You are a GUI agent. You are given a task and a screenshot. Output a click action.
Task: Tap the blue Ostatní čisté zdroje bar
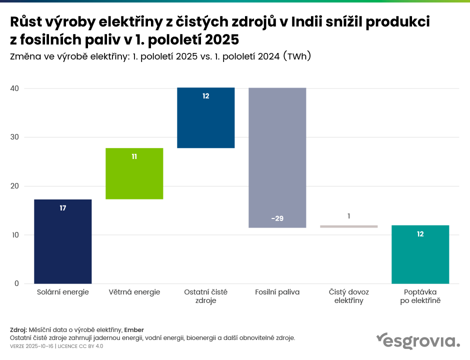coord(206,118)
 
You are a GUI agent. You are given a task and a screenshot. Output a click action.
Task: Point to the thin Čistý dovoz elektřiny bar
coord(348,226)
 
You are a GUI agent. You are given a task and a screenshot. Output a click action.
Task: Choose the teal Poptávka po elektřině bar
coord(420,254)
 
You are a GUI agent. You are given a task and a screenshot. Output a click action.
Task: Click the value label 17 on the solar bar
coord(63,208)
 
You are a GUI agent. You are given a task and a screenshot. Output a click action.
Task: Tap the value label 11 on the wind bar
coord(134,156)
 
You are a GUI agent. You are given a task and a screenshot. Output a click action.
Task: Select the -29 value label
coord(277,218)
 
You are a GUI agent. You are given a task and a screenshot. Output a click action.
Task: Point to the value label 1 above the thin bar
coord(349,216)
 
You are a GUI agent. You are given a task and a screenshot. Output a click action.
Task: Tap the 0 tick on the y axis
coord(16,283)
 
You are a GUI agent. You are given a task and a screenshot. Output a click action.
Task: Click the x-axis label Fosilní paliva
coord(277,292)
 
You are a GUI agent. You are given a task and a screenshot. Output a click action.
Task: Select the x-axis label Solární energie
coord(63,292)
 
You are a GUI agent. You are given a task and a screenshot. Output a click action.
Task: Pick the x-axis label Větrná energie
coord(134,292)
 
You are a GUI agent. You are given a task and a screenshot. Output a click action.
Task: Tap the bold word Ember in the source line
coord(134,330)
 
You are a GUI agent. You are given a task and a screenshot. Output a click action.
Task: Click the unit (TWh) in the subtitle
coord(297,56)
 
